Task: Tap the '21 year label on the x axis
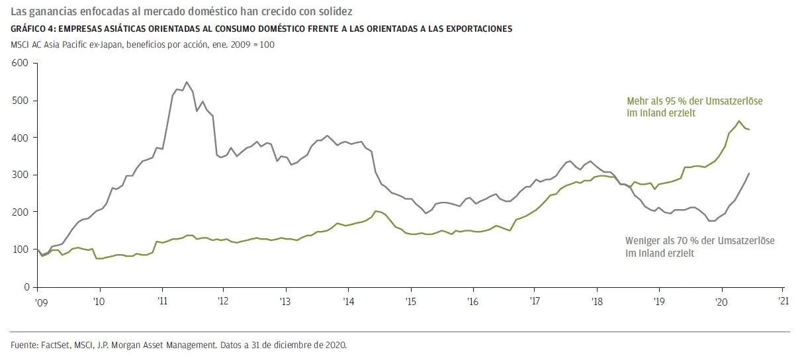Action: (x=783, y=300)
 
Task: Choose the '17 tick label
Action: (x=535, y=300)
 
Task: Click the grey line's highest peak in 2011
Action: (x=187, y=82)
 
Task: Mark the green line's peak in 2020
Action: (x=738, y=121)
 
